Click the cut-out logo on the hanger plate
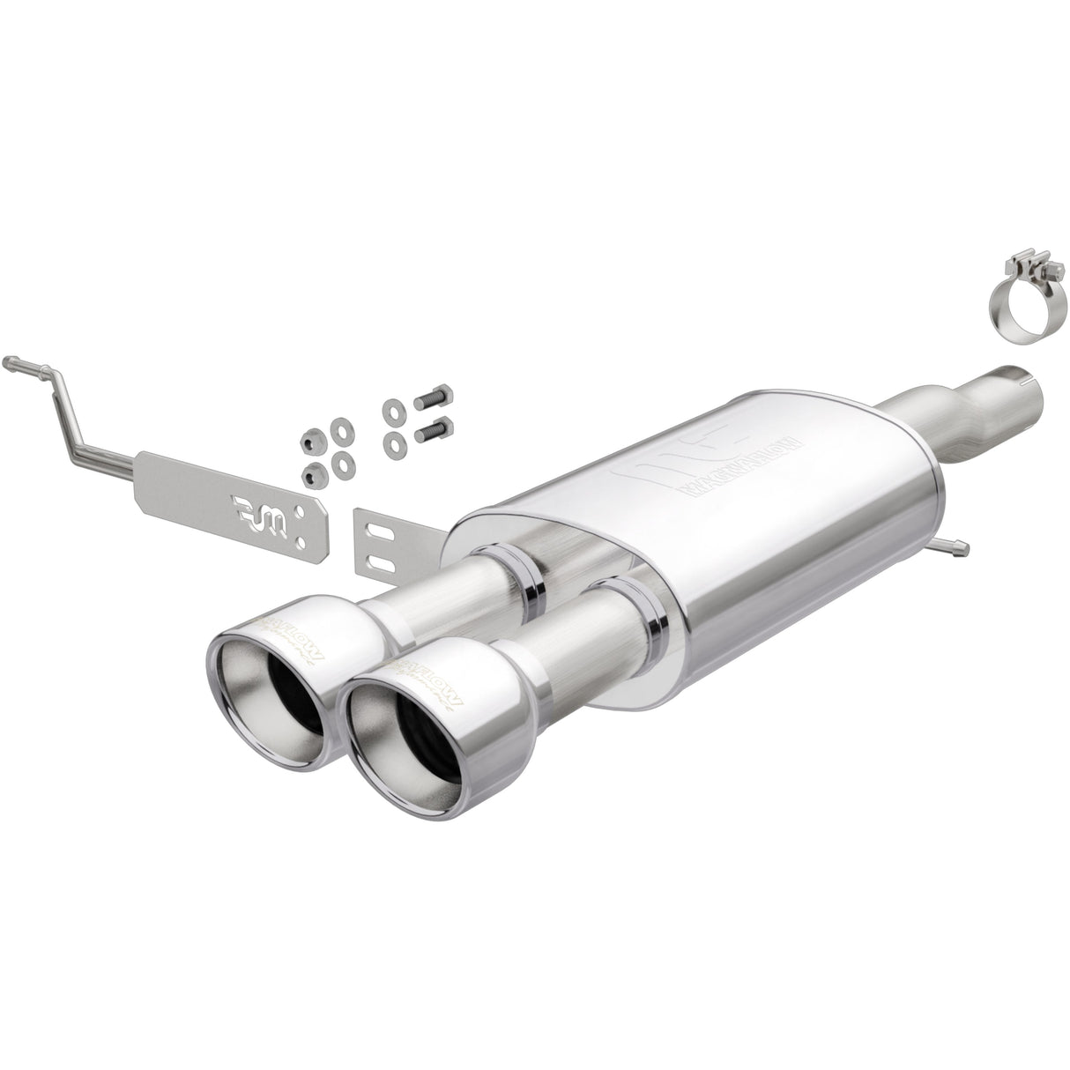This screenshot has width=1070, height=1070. click(x=259, y=507)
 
